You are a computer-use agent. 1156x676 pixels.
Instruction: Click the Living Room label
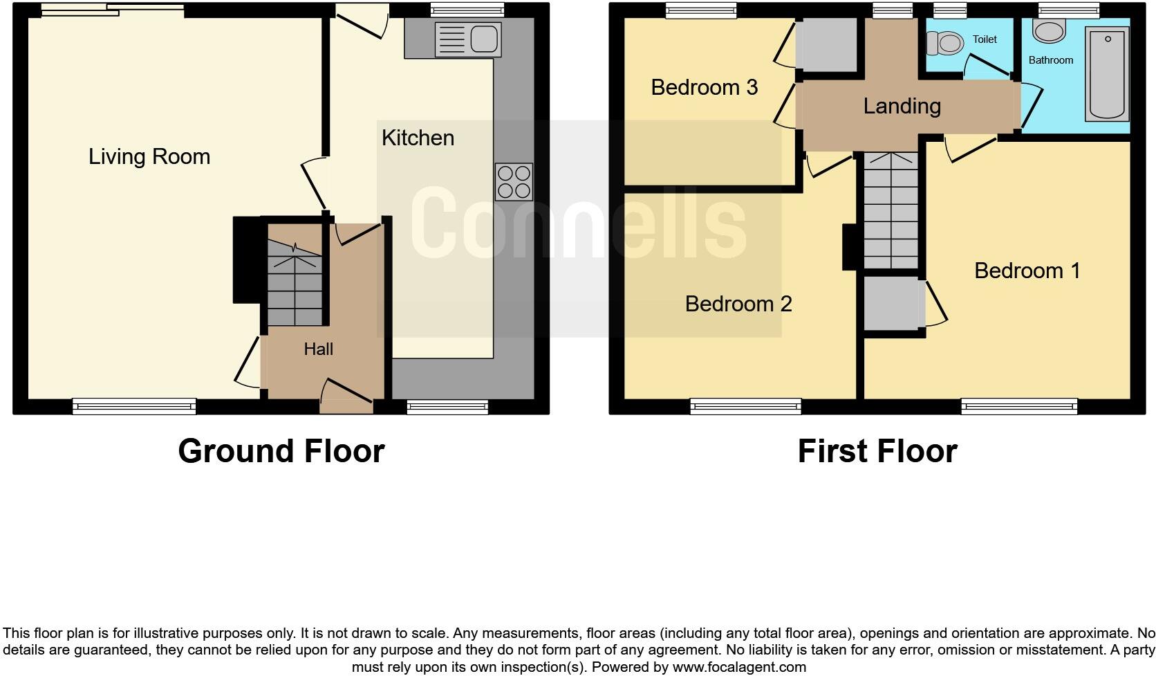[x=149, y=157]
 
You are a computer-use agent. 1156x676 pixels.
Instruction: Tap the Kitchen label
[x=418, y=138]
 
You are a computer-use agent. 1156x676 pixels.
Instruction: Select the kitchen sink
[x=467, y=39]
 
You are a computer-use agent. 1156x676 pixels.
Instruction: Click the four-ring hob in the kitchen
[x=514, y=181]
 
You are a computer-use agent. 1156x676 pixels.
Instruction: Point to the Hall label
[x=318, y=349]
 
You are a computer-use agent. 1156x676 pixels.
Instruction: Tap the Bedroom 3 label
[x=704, y=87]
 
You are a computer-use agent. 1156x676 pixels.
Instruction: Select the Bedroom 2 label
[x=738, y=304]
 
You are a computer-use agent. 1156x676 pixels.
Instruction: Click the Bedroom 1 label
[x=1027, y=271]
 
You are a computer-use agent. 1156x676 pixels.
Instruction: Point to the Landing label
[x=902, y=106]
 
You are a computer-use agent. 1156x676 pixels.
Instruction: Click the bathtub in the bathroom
[x=1108, y=74]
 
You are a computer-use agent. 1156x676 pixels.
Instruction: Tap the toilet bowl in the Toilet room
[x=945, y=44]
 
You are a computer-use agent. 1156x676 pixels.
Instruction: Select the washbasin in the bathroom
[x=1050, y=30]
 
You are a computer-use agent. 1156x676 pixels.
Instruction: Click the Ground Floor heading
[x=281, y=451]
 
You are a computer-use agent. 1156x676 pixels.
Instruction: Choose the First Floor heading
[x=877, y=451]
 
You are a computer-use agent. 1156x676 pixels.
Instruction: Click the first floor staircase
[x=891, y=210]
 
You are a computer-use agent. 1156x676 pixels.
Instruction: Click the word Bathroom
[x=1050, y=60]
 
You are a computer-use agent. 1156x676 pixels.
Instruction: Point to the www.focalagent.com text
[x=739, y=667]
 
